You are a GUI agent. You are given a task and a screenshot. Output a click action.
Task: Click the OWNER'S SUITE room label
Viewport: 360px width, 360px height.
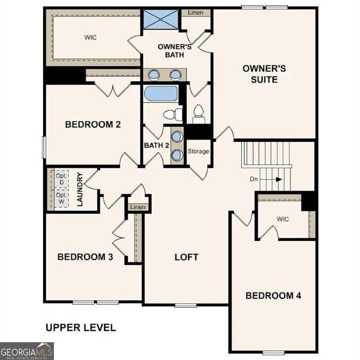[264, 74]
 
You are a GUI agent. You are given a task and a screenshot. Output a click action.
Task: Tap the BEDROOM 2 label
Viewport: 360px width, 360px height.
[93, 124]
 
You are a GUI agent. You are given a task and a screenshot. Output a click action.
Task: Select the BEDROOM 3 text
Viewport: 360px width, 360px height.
[85, 257]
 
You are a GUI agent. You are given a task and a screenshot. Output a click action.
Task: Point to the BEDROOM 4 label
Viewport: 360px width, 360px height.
[273, 295]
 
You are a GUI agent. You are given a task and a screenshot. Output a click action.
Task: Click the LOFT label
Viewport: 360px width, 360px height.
[187, 257]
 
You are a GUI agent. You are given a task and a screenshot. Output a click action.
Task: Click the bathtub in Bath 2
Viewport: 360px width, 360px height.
[161, 93]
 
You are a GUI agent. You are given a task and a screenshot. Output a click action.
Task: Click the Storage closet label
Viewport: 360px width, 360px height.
[198, 151]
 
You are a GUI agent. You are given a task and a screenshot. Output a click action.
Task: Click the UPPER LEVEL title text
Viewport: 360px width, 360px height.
[81, 327]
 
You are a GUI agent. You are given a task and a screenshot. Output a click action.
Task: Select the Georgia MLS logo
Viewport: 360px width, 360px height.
[27, 351]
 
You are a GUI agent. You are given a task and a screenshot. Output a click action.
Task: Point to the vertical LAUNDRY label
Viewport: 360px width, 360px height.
[80, 190]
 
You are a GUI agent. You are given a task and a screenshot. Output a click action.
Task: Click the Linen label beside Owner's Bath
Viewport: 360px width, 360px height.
[195, 13]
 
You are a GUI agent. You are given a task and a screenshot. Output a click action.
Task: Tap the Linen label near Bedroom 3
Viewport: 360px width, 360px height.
[138, 207]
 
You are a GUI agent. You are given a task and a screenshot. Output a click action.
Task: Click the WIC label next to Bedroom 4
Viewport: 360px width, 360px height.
[283, 218]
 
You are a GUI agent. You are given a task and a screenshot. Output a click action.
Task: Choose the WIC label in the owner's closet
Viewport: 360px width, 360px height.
[90, 37]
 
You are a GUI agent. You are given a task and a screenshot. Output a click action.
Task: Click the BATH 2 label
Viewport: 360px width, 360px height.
[157, 145]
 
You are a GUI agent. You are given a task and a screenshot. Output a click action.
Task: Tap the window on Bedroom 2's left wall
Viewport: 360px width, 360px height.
[44, 147]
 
